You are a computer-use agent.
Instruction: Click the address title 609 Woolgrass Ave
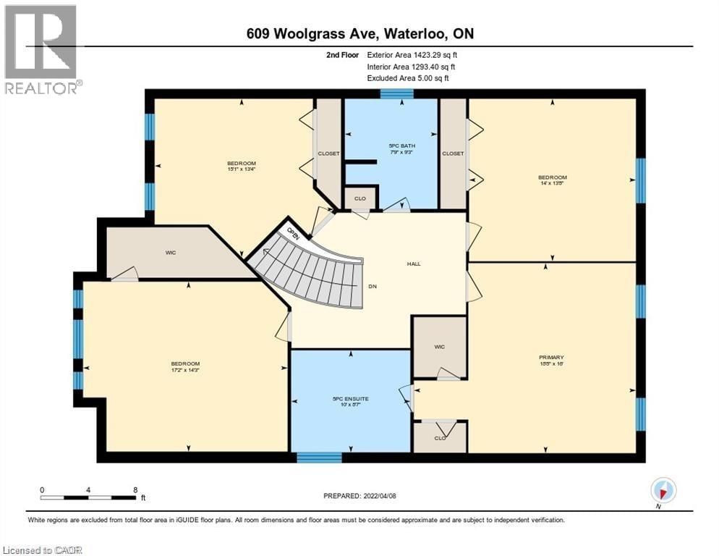click(358, 34)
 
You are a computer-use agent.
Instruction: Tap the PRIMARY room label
click(550, 357)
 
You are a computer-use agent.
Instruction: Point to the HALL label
click(413, 264)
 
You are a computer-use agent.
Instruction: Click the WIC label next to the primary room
click(439, 347)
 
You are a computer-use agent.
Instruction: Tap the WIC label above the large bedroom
click(171, 253)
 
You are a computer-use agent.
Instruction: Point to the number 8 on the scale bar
click(135, 489)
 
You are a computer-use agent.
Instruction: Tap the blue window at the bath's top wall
click(396, 93)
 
